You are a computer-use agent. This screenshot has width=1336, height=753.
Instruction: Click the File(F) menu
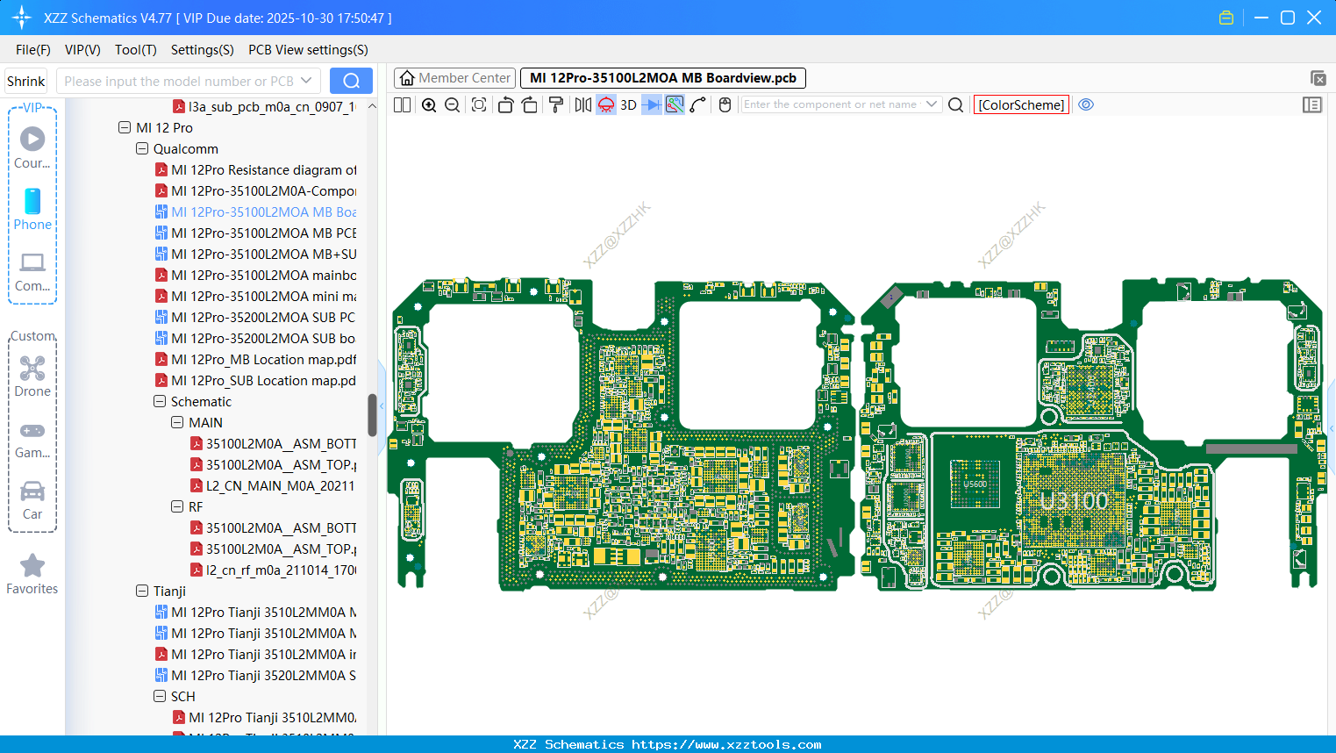coord(32,50)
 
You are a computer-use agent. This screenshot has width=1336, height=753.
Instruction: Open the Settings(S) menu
coord(202,50)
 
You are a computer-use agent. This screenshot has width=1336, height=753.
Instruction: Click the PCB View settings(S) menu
coord(308,50)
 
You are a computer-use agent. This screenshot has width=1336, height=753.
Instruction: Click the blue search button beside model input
coord(351,81)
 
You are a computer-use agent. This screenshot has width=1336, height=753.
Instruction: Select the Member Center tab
coord(454,78)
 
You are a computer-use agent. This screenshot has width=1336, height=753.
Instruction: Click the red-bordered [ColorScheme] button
coord(1021,105)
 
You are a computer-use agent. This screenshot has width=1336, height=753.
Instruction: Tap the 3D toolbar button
coord(628,105)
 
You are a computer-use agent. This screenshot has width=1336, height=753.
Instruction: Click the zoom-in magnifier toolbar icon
coord(429,105)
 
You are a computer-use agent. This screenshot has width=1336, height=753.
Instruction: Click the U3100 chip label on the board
coord(1074,502)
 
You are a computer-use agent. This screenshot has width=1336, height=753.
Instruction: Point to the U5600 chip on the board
coord(975,484)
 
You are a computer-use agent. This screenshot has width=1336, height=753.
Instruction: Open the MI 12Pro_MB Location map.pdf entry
coord(263,360)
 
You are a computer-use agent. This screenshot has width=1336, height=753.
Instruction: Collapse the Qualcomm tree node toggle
coord(142,149)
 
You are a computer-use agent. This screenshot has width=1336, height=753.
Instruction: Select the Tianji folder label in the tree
coord(169,592)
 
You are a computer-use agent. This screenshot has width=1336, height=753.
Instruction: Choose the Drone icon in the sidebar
coord(32,369)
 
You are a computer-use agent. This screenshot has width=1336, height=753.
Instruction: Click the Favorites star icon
coord(32,566)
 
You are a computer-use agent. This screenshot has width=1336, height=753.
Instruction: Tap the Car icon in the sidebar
coord(32,491)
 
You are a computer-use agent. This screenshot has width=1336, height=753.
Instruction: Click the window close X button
coord(1314,18)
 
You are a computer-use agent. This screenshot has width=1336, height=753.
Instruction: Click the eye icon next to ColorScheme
coord(1086,105)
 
